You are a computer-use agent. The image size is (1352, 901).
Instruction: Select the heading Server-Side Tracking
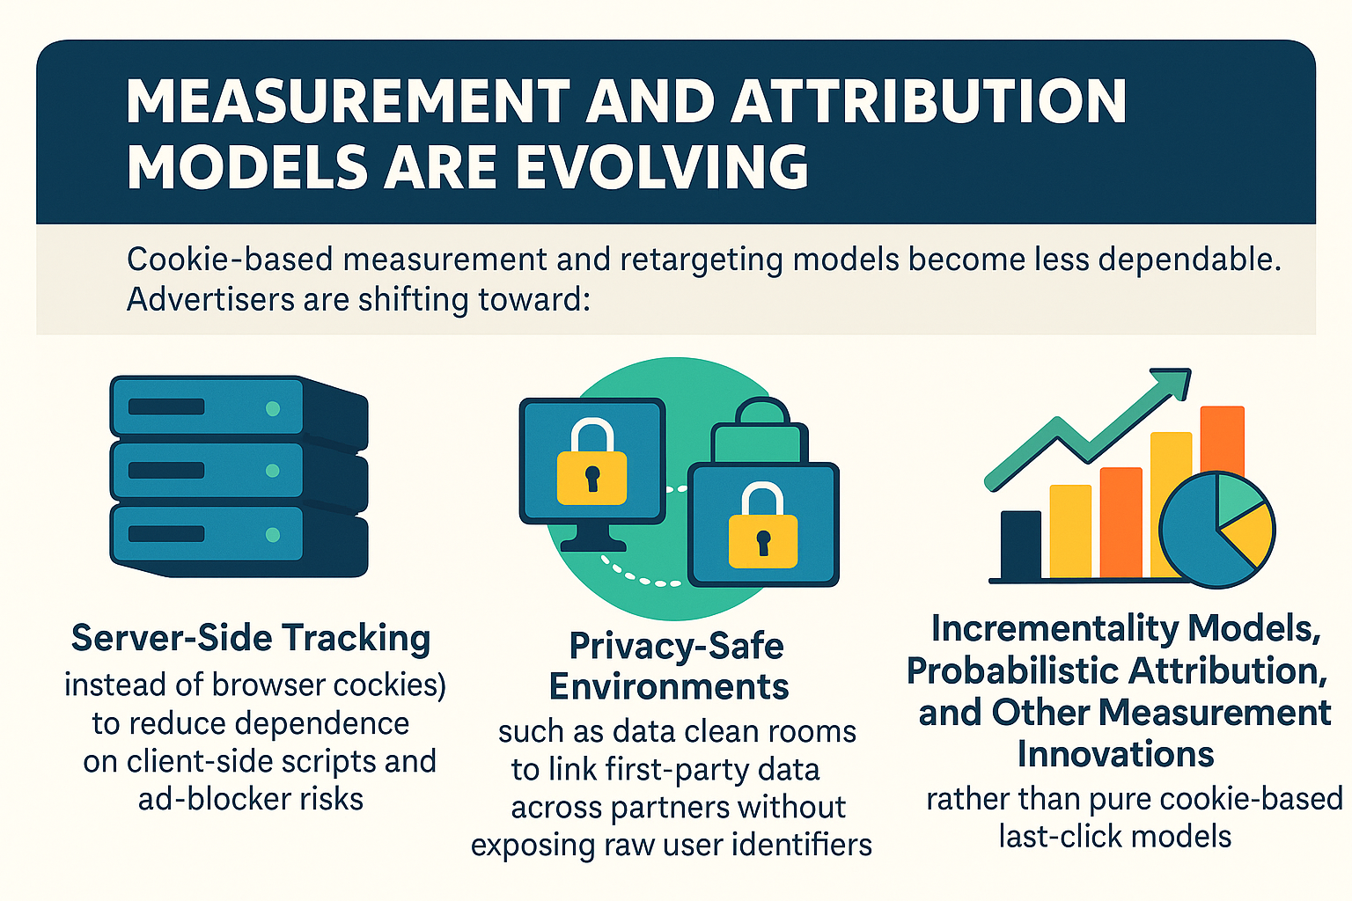[x=251, y=638]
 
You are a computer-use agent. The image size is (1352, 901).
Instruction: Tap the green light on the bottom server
[x=273, y=534]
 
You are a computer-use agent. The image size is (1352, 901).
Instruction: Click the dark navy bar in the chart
[x=1021, y=545]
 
